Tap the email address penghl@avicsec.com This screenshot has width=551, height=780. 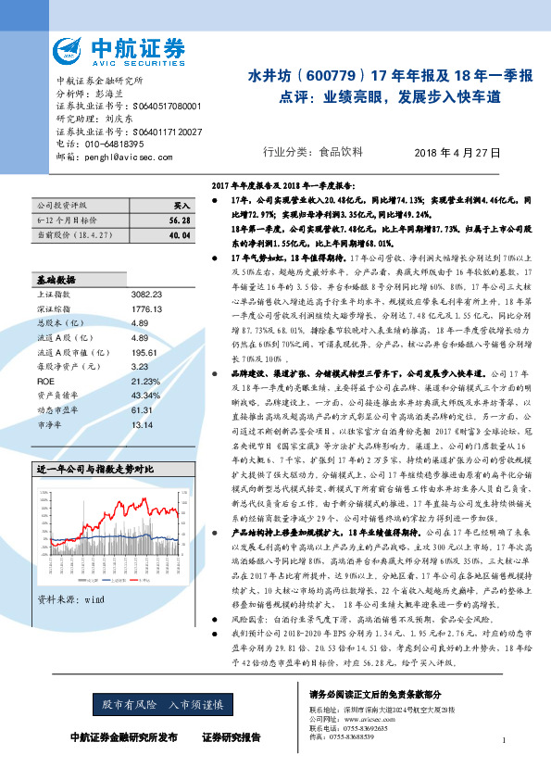[x=117, y=157]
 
